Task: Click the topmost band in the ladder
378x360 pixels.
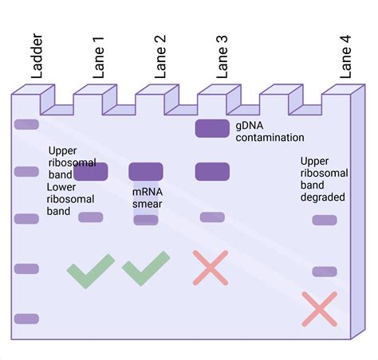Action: [x=26, y=124]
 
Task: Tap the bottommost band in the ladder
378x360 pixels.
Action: [x=26, y=319]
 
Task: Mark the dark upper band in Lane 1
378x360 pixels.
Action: [x=91, y=170]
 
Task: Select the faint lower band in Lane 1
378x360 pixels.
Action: [x=91, y=217]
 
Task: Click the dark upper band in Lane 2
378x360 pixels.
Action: [x=146, y=170]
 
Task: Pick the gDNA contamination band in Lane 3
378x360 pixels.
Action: [x=212, y=127]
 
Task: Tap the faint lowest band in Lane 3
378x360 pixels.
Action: [x=212, y=217]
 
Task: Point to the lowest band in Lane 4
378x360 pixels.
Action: [x=325, y=272]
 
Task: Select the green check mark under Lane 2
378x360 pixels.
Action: [x=146, y=269]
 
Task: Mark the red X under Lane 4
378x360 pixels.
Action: [x=320, y=309]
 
